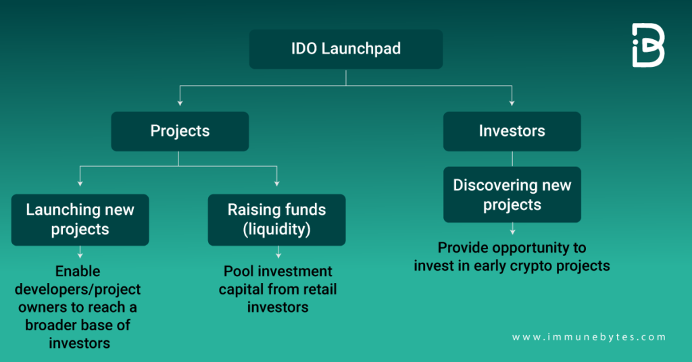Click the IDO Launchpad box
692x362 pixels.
pyautogui.click(x=345, y=49)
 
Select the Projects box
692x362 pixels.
pyautogui.click(x=180, y=131)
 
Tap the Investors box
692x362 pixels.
pyautogui.click(x=512, y=131)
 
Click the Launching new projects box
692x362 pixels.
pyautogui.click(x=80, y=219)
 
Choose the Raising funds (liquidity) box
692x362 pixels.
pyautogui.click(x=276, y=219)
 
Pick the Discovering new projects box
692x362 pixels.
pyautogui.click(x=512, y=195)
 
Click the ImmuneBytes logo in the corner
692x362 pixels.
pyautogui.click(x=647, y=45)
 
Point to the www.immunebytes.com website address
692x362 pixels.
pyautogui.click(x=588, y=337)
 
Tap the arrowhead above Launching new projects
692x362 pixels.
pyautogui.click(x=80, y=182)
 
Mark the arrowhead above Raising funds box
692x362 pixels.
pyautogui.click(x=276, y=182)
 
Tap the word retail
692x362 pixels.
pyautogui.click(x=317, y=290)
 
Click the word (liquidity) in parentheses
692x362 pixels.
pyautogui.click(x=276, y=229)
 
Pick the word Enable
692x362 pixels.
pyautogui.click(x=77, y=271)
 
